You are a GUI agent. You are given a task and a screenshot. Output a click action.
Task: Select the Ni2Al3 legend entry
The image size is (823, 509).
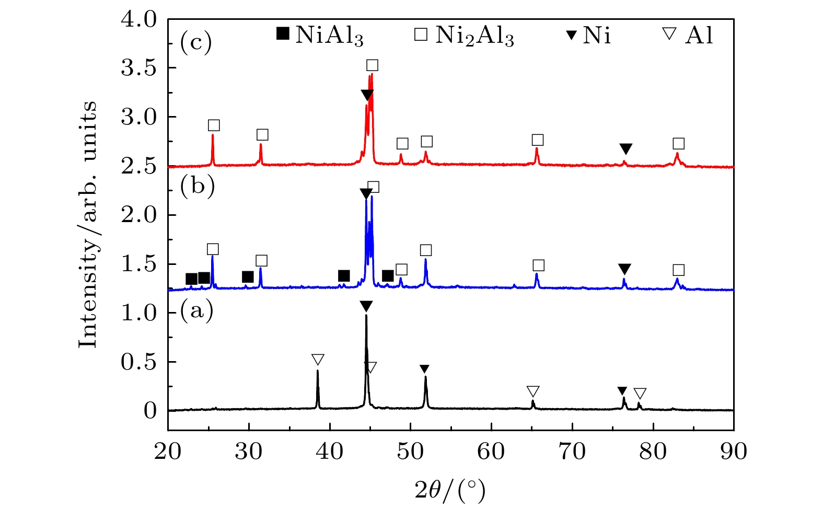464,36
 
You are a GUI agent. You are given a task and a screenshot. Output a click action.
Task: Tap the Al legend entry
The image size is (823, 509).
688,36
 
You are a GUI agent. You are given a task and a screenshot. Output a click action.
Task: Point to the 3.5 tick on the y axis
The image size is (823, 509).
139,68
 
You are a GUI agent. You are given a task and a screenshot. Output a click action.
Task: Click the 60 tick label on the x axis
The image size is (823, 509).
491,451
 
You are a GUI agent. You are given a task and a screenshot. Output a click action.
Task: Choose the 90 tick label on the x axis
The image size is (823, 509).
734,451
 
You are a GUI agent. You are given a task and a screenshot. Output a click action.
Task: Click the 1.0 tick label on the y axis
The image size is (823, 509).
139,313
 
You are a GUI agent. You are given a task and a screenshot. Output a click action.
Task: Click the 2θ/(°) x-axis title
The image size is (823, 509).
450,490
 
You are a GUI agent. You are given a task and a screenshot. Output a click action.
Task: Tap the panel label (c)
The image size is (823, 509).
196,42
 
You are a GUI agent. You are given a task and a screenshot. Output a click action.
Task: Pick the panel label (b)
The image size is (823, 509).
197,186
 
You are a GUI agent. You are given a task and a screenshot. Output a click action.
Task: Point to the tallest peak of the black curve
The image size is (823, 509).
366,315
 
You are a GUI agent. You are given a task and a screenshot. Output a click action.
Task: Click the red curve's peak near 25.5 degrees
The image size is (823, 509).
213,135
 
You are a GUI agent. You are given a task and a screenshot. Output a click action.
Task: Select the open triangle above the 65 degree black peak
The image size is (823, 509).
532,391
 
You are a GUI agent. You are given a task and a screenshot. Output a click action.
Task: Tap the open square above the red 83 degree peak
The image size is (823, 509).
678,144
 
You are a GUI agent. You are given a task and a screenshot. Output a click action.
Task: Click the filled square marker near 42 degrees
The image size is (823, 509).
343,276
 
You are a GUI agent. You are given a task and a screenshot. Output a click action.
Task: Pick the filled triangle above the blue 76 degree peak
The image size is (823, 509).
624,269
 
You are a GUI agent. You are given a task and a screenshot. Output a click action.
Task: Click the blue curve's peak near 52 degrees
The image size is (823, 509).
425,260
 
